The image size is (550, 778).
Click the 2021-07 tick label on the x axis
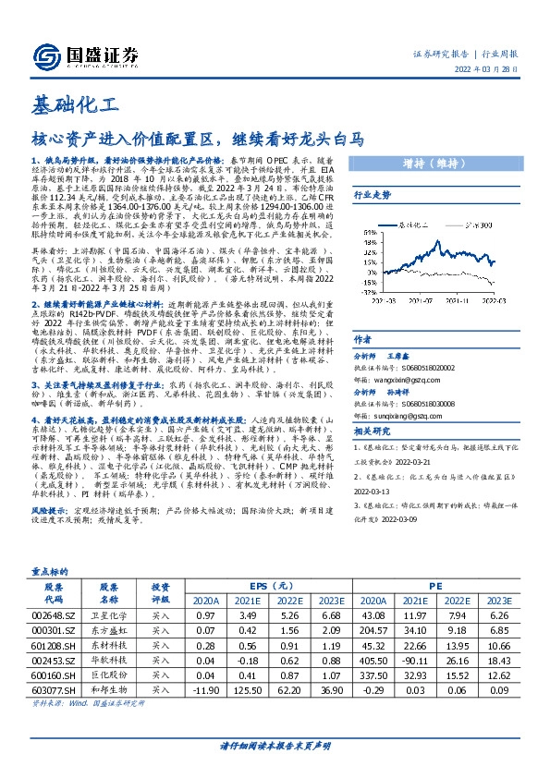(x=421, y=298)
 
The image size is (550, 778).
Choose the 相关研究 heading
(x=373, y=430)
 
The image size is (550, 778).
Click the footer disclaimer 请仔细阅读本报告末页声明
(x=275, y=746)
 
